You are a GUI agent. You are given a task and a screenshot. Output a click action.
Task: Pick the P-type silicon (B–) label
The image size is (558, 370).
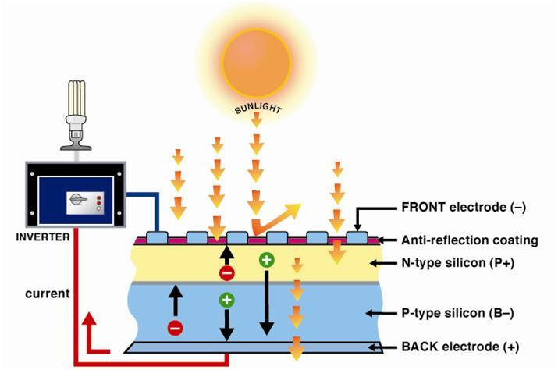pyautogui.click(x=448, y=315)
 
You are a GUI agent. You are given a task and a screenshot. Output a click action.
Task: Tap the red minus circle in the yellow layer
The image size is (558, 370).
pyautogui.click(x=226, y=273)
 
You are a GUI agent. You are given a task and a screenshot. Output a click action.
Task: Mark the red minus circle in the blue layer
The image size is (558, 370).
pyautogui.click(x=175, y=329)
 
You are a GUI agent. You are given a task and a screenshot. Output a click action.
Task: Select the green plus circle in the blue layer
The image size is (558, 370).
pyautogui.click(x=227, y=299)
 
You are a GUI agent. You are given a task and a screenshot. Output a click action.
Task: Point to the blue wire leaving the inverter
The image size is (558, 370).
pyautogui.click(x=148, y=200)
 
